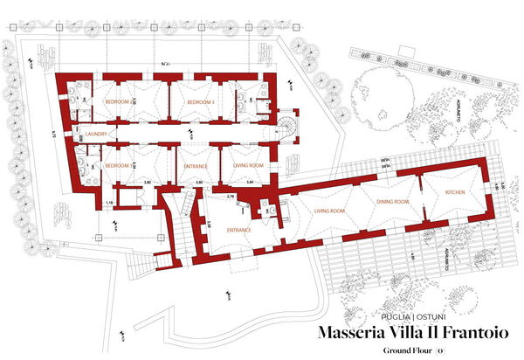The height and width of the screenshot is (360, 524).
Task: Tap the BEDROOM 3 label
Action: [200, 103]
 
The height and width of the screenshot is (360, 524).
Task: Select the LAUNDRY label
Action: [96, 135]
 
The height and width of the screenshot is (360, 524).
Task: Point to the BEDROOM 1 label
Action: [118, 165]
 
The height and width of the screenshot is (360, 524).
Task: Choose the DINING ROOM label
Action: [393, 203]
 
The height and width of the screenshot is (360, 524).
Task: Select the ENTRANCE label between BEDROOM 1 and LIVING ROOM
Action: [195, 165]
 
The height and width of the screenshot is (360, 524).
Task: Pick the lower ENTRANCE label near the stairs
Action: [239, 231]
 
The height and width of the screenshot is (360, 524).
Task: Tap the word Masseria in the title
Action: [350, 332]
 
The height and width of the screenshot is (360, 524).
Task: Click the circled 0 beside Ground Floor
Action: [441, 350]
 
